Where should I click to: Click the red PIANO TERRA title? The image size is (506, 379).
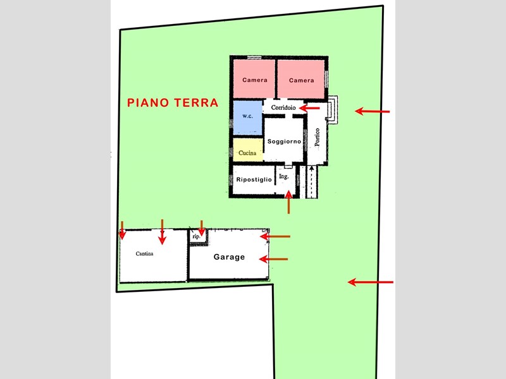click(173, 103)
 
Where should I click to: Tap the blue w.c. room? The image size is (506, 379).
click(247, 117)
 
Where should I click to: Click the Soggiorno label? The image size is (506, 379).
click(284, 141)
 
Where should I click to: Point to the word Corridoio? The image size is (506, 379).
click(283, 107)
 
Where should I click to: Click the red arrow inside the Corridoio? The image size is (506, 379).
click(309, 108)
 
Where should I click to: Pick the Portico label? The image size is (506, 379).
click(318, 137)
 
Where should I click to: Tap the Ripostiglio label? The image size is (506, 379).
click(254, 179)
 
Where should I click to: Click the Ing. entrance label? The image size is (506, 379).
click(283, 176)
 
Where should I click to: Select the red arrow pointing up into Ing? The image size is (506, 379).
click(288, 202)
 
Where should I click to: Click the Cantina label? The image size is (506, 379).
click(145, 254)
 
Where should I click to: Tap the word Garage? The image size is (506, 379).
click(229, 257)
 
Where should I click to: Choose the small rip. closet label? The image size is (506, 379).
click(196, 236)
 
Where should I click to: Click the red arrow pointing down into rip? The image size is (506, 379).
click(201, 228)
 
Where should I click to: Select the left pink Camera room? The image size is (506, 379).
click(254, 78)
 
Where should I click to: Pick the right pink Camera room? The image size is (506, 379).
click(301, 79)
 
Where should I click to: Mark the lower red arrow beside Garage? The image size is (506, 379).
click(273, 259)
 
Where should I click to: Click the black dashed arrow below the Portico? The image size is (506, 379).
click(311, 181)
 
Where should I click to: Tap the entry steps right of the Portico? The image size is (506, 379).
click(333, 110)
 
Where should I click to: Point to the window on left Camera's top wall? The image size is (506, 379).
click(254, 57)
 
